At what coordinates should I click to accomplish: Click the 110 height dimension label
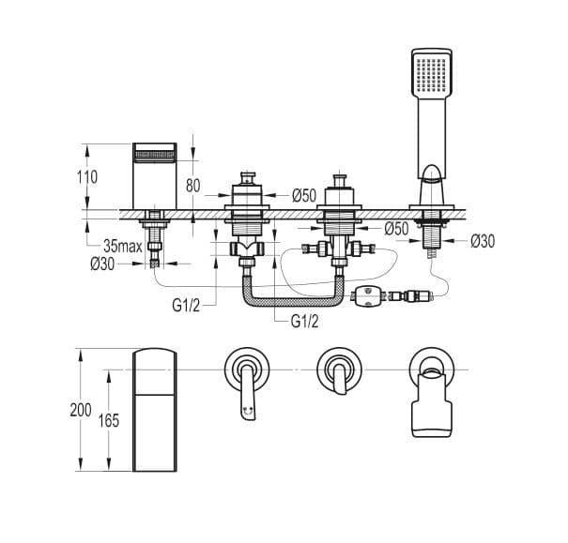point(87,177)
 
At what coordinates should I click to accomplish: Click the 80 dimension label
point(192,186)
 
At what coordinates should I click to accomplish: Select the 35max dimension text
point(123,247)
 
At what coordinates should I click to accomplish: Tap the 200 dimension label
point(81,410)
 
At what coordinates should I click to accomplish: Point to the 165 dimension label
point(109,420)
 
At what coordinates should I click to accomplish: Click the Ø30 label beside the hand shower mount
point(483,241)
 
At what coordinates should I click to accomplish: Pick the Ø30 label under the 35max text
point(102,264)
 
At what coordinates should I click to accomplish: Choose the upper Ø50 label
point(304,196)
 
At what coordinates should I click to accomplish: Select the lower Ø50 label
point(396,228)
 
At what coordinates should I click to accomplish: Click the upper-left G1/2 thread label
point(186,306)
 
